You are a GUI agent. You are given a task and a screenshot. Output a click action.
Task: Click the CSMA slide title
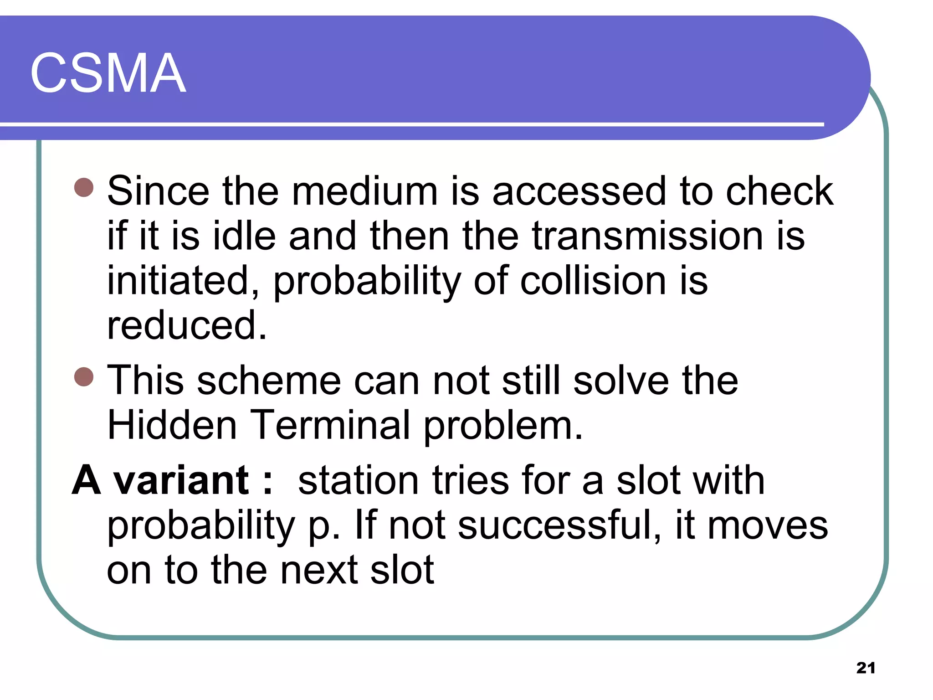pyautogui.click(x=108, y=73)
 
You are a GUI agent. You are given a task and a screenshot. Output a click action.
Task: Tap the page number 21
pyautogui.click(x=866, y=668)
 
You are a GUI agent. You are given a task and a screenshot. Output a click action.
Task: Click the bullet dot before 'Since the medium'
pyautogui.click(x=84, y=187)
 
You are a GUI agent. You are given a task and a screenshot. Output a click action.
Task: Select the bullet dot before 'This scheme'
pyautogui.click(x=84, y=376)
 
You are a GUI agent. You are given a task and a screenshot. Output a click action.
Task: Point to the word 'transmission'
pyautogui.click(x=647, y=236)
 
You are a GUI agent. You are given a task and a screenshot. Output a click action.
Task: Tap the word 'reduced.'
pyautogui.click(x=187, y=325)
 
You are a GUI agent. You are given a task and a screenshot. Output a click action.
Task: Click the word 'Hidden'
pyautogui.click(x=172, y=425)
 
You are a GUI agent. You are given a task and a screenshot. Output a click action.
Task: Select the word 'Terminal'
pyautogui.click(x=330, y=425)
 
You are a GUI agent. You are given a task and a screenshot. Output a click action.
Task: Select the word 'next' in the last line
pyautogui.click(x=319, y=571)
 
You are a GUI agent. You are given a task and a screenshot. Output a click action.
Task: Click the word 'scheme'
pyautogui.click(x=269, y=381)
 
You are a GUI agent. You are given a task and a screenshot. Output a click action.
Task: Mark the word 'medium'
pyautogui.click(x=364, y=191)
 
